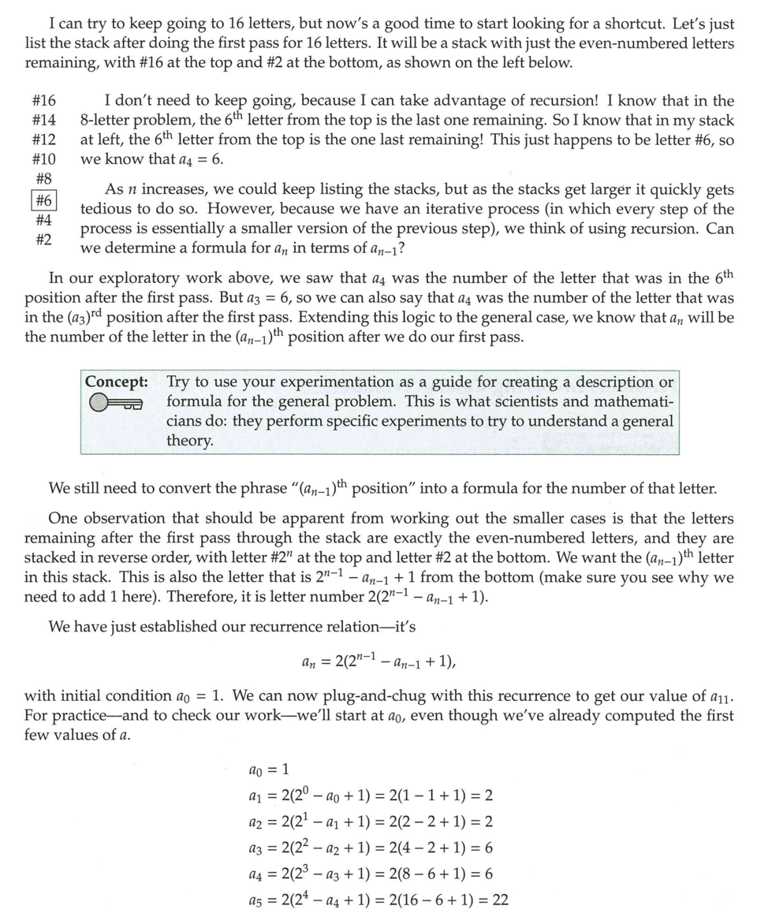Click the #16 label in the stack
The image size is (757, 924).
pos(44,101)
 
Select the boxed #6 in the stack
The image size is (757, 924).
pos(44,201)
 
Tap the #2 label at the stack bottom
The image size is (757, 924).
pos(44,239)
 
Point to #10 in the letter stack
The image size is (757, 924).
pos(44,159)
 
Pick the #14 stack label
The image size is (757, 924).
pos(44,121)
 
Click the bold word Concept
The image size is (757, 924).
pos(117,382)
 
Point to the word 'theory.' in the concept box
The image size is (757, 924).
pos(190,440)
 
